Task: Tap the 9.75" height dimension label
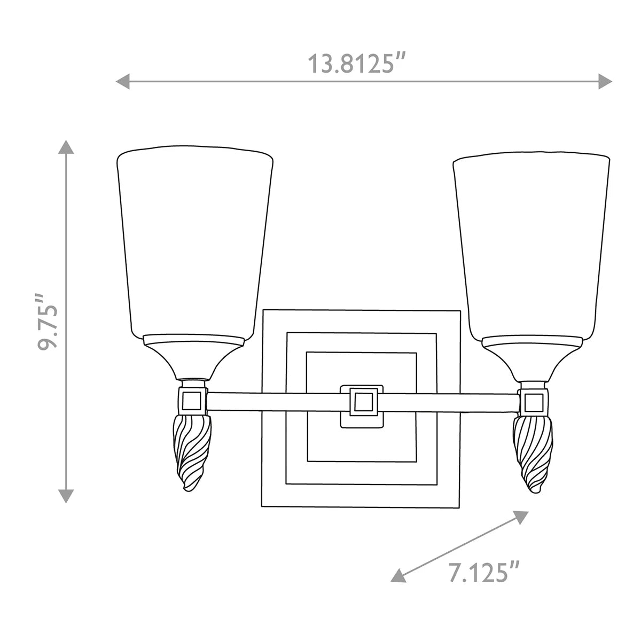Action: pos(48,322)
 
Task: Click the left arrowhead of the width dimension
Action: pos(122,82)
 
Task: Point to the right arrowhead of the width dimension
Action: pos(605,82)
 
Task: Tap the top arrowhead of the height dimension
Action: pos(66,147)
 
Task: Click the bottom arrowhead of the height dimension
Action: pos(66,496)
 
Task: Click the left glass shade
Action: pos(194,242)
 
